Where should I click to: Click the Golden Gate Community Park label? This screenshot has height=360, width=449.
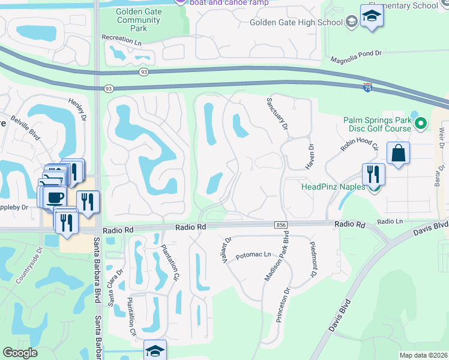[x=139, y=20]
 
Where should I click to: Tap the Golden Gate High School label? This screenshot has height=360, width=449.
[x=297, y=23]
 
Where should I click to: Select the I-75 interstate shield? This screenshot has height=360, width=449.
[x=367, y=87]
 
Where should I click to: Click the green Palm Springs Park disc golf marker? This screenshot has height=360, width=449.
[x=421, y=125]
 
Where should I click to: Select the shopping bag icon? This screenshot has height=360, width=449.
[x=398, y=154]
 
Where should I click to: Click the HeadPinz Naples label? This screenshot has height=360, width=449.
[x=333, y=187]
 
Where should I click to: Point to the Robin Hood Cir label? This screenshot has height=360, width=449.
[x=360, y=146]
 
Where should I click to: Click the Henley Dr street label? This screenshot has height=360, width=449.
[x=78, y=110]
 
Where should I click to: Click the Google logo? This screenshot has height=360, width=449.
[x=20, y=353]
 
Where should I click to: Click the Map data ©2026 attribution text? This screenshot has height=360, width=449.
[x=423, y=355]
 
